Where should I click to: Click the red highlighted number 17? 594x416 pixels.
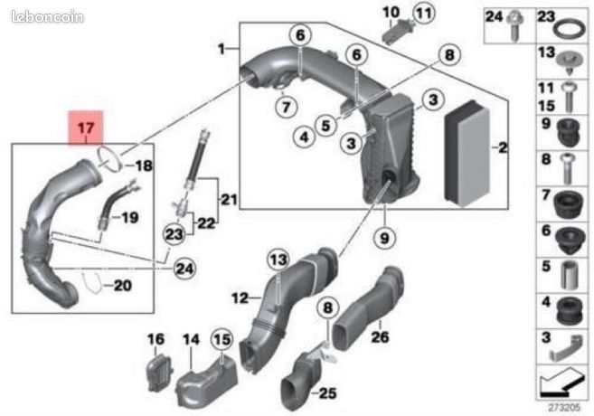click(x=86, y=128)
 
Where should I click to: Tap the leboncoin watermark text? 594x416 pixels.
click(x=47, y=16)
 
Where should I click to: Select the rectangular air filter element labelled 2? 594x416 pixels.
click(x=467, y=154)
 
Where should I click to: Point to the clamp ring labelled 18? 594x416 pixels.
click(x=109, y=159)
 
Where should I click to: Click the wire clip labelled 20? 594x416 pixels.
click(x=92, y=283)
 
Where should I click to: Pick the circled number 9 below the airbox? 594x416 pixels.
click(x=384, y=238)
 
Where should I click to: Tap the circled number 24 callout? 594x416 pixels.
click(x=184, y=269)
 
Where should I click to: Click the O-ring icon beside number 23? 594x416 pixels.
click(x=570, y=29)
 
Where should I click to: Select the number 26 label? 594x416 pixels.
click(x=380, y=336)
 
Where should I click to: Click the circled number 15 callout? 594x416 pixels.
click(x=222, y=339)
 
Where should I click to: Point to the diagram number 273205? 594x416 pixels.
click(x=564, y=408)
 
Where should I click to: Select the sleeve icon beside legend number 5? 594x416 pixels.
click(x=570, y=275)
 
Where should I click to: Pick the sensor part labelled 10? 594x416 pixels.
click(x=394, y=32)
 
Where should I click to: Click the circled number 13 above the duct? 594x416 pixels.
click(x=278, y=260)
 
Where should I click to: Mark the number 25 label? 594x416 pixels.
click(x=327, y=393)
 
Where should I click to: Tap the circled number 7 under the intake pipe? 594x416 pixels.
click(x=286, y=107)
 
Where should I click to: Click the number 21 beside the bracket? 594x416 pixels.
click(x=229, y=199)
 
